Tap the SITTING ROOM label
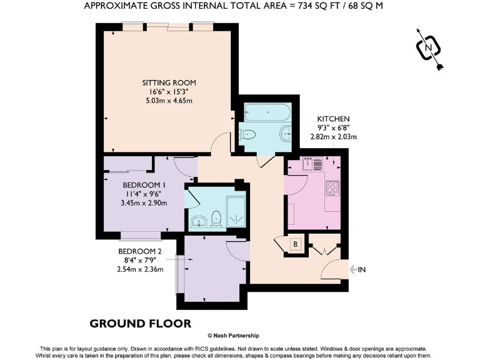click(x=169, y=82)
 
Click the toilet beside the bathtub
click(x=249, y=133)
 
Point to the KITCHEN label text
click(x=333, y=119)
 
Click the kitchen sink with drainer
click(x=311, y=164)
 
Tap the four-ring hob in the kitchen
click(x=332, y=187)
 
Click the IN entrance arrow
click(x=357, y=269)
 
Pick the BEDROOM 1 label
click(x=144, y=185)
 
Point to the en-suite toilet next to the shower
click(x=216, y=218)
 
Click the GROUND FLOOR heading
click(x=140, y=323)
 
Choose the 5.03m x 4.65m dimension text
click(x=169, y=101)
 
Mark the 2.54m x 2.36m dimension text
click(x=141, y=269)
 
